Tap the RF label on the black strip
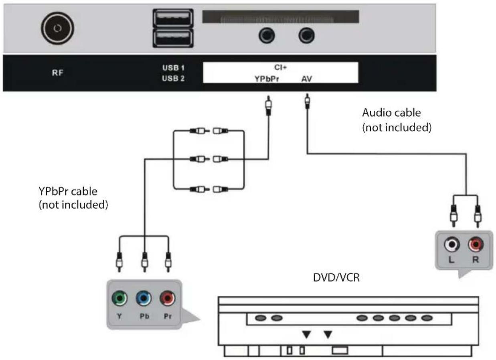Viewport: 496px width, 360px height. [58, 73]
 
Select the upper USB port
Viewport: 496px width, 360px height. [172, 18]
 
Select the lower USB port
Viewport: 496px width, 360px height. [172, 38]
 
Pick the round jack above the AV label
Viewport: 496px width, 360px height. [307, 36]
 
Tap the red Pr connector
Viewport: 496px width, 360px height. [168, 298]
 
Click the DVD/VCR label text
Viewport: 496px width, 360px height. [336, 277]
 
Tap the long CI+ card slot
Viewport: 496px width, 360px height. [280, 17]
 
